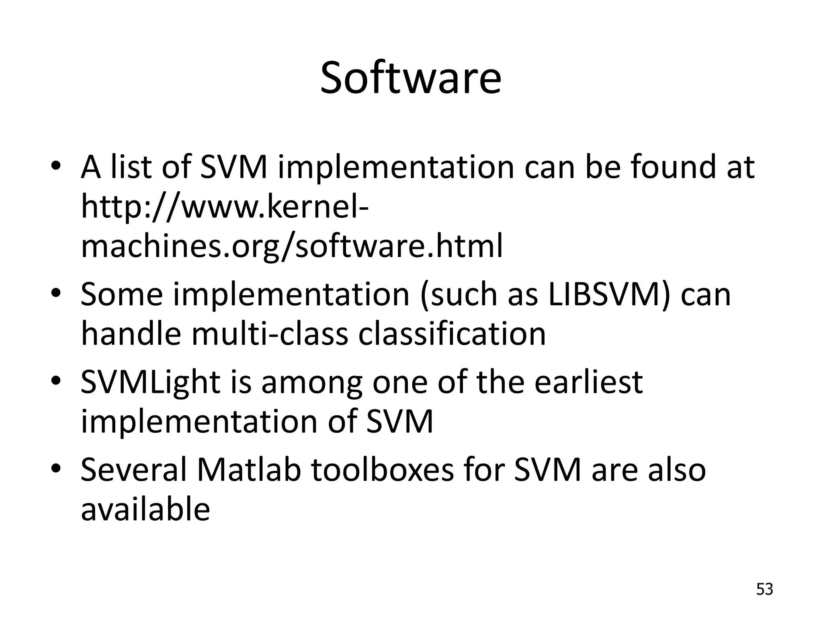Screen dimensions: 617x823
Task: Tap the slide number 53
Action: click(x=764, y=589)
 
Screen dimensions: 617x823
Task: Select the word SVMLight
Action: click(x=150, y=382)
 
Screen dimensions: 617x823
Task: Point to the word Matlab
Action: click(x=249, y=470)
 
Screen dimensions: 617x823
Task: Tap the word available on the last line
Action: click(x=145, y=509)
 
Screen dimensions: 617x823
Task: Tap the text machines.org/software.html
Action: click(x=292, y=246)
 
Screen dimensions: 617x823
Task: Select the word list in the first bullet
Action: click(x=132, y=167)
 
